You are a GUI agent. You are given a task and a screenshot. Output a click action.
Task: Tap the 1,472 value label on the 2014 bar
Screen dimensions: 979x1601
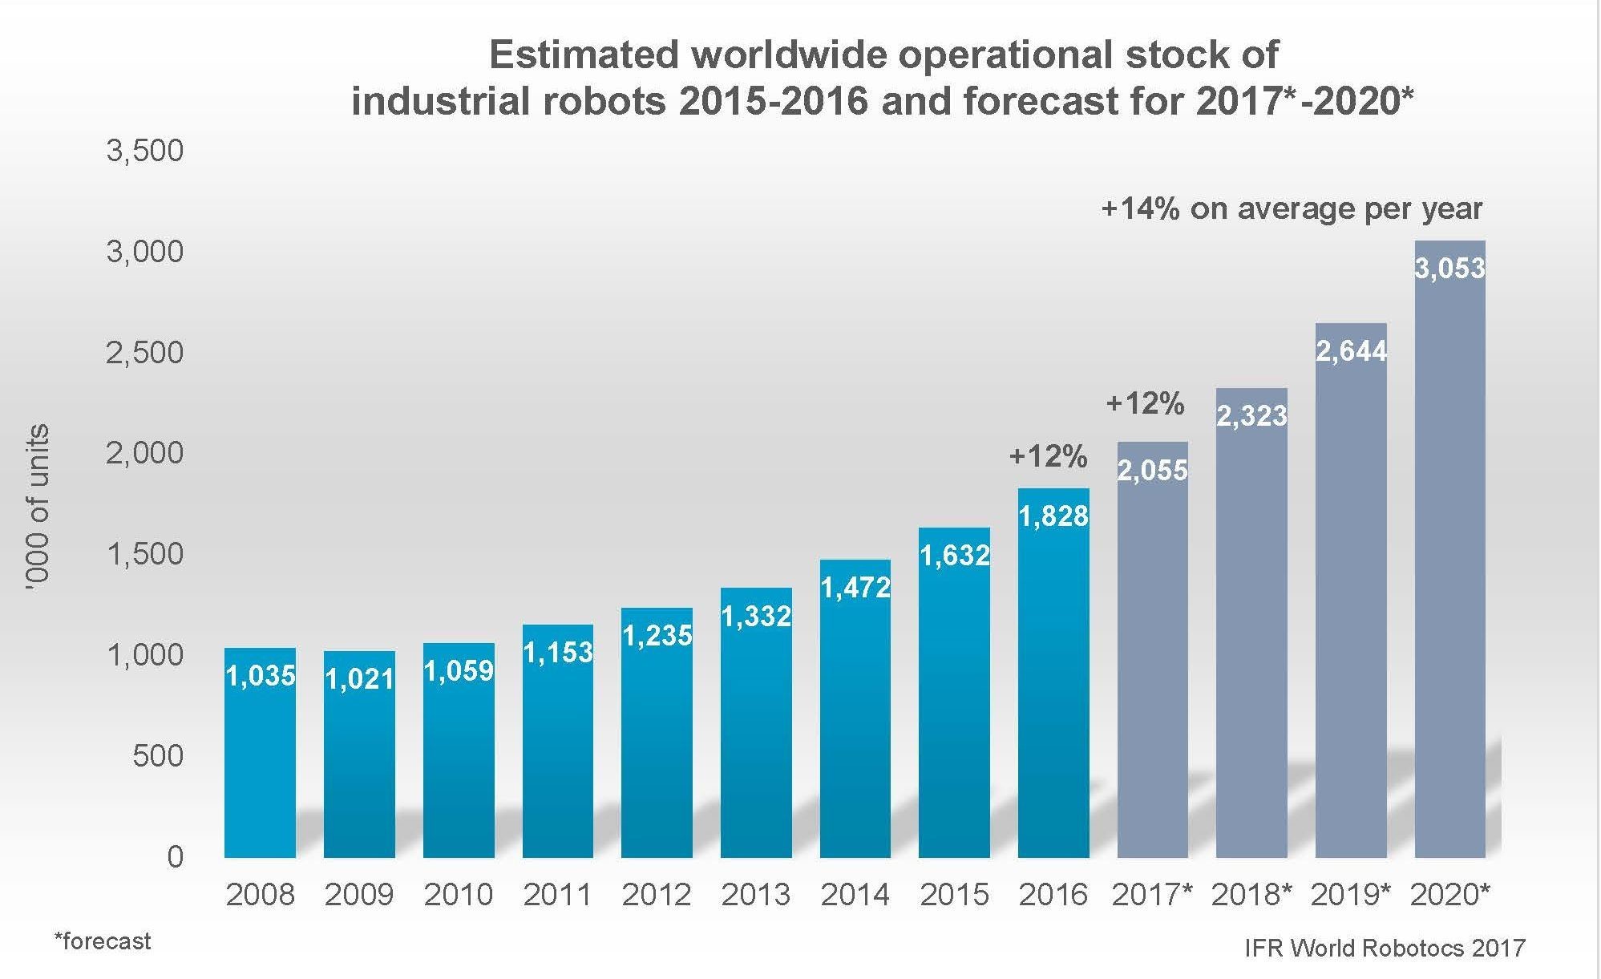(855, 588)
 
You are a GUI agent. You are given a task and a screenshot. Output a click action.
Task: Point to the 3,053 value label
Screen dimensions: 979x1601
(1449, 268)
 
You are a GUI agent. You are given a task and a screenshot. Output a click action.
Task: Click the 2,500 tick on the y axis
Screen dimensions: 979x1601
(145, 353)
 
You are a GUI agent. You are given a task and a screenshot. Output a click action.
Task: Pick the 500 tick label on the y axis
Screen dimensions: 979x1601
(158, 756)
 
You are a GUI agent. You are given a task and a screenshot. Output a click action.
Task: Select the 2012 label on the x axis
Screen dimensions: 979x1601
(656, 894)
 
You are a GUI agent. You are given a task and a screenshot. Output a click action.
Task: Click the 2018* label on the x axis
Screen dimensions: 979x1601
(1251, 894)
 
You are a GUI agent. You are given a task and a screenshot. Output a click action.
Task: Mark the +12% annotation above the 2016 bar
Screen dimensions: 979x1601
(1048, 456)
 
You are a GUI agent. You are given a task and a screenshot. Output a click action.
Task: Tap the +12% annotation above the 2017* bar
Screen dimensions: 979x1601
(1145, 403)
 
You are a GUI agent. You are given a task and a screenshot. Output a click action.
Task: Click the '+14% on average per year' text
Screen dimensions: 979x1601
(1292, 208)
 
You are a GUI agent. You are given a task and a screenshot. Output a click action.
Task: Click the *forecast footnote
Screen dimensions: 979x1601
(102, 941)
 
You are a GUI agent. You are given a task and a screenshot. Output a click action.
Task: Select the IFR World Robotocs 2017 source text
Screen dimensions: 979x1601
(1384, 949)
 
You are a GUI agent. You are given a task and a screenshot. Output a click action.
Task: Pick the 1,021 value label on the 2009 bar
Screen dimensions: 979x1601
(359, 679)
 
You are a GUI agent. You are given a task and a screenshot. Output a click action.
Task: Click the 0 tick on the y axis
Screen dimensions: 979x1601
(175, 857)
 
